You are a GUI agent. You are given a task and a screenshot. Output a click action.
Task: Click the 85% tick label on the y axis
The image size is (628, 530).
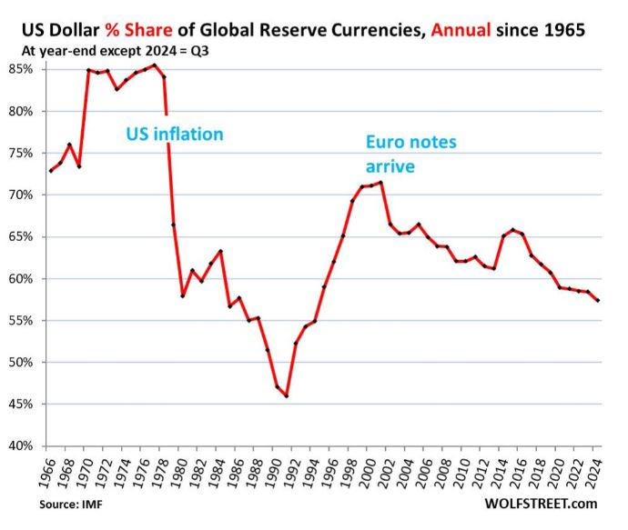[21, 69]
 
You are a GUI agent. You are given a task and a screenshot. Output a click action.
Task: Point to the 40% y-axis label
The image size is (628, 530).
[21, 445]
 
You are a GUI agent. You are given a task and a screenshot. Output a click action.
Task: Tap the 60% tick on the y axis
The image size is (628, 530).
[21, 278]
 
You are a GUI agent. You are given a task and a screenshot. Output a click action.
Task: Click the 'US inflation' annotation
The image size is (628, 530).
[175, 135]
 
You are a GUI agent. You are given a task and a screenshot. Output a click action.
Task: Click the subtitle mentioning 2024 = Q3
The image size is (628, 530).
[118, 51]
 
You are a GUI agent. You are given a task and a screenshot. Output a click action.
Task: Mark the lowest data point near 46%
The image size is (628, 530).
[287, 395]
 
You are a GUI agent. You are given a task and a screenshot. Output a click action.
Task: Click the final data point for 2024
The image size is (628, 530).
[598, 301]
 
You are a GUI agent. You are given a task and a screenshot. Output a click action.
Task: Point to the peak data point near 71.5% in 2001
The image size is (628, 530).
[380, 183]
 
